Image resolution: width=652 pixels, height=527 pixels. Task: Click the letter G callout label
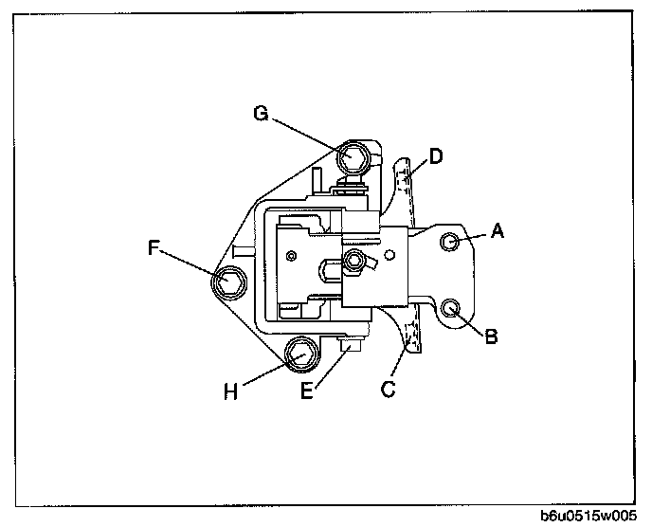(x=261, y=115)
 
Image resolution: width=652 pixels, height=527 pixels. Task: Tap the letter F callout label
(x=154, y=249)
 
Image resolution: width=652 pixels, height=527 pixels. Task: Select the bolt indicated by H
(x=301, y=355)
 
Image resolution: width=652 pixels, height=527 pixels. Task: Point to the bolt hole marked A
(x=452, y=243)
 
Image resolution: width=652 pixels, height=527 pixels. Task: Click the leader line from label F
(x=190, y=264)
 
